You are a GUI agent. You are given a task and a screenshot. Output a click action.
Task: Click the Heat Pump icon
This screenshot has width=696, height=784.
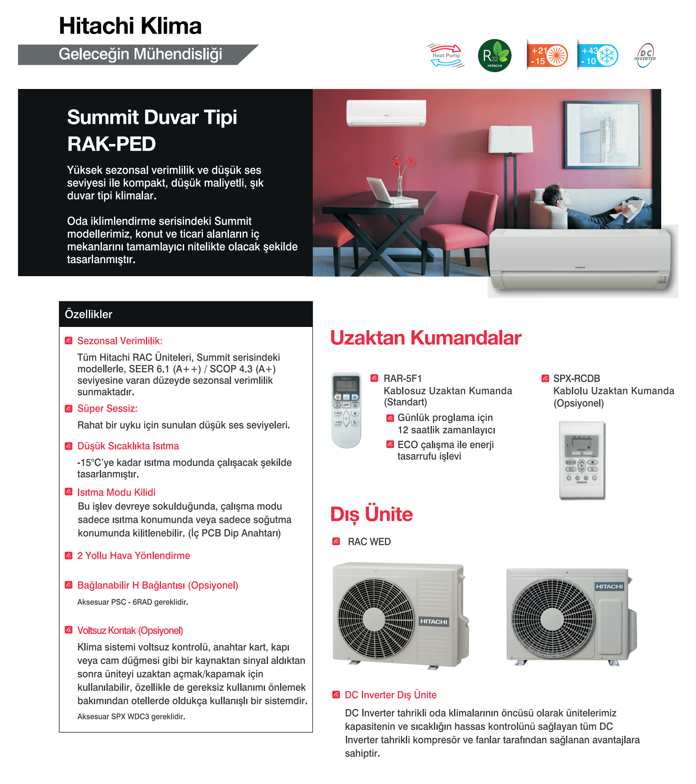click(446, 55)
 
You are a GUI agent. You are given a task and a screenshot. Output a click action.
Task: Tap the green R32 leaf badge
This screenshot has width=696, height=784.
click(495, 55)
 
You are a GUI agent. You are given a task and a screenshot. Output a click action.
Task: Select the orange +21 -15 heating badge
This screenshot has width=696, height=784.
click(547, 55)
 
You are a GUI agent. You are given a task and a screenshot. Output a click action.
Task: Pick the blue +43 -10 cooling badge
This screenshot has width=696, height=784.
click(597, 55)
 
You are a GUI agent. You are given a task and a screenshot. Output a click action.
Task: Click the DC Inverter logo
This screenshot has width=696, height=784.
click(645, 55)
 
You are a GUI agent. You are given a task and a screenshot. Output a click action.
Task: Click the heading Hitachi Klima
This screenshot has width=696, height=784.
click(130, 26)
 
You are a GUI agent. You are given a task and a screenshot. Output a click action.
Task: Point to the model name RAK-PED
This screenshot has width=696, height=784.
click(112, 144)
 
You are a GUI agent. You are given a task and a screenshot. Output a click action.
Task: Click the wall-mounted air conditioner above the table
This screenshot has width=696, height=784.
click(386, 112)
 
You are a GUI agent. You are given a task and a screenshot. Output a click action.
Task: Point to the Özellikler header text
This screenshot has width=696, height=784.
click(88, 314)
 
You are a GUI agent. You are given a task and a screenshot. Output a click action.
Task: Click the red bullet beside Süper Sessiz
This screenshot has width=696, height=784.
click(69, 408)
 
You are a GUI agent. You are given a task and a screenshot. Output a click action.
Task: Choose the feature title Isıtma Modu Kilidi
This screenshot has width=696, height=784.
click(116, 492)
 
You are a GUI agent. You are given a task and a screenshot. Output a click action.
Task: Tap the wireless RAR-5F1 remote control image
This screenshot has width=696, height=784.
click(346, 410)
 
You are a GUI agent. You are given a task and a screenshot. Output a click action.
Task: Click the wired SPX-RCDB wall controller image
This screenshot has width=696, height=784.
click(582, 460)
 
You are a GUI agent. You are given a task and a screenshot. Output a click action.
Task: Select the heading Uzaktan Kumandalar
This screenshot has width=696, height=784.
click(426, 338)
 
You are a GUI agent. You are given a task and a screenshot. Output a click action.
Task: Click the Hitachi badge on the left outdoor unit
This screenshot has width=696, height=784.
click(434, 622)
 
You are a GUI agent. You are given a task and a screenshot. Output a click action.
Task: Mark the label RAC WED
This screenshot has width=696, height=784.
click(369, 542)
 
